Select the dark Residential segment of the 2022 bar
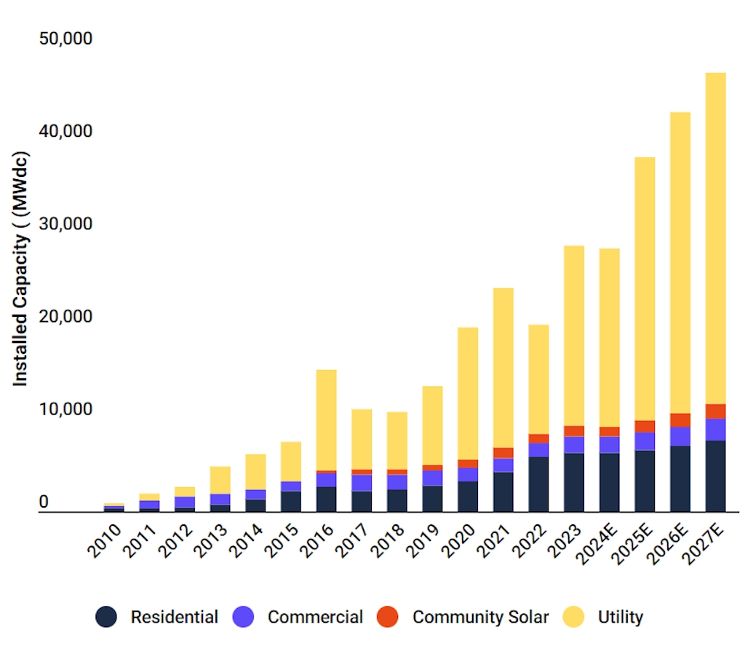tap(538, 484)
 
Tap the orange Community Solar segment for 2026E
tap(680, 420)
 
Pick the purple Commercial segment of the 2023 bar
tap(574, 445)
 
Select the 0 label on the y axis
tap(44, 503)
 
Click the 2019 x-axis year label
tap(425, 540)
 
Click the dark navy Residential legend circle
tap(106, 618)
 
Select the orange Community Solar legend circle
tap(388, 618)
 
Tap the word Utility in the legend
tap(621, 618)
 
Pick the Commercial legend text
tap(315, 618)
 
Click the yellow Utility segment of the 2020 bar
tap(468, 393)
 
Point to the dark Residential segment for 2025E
tap(645, 481)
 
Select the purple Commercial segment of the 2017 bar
tap(362, 483)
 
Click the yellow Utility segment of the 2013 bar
tap(220, 480)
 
